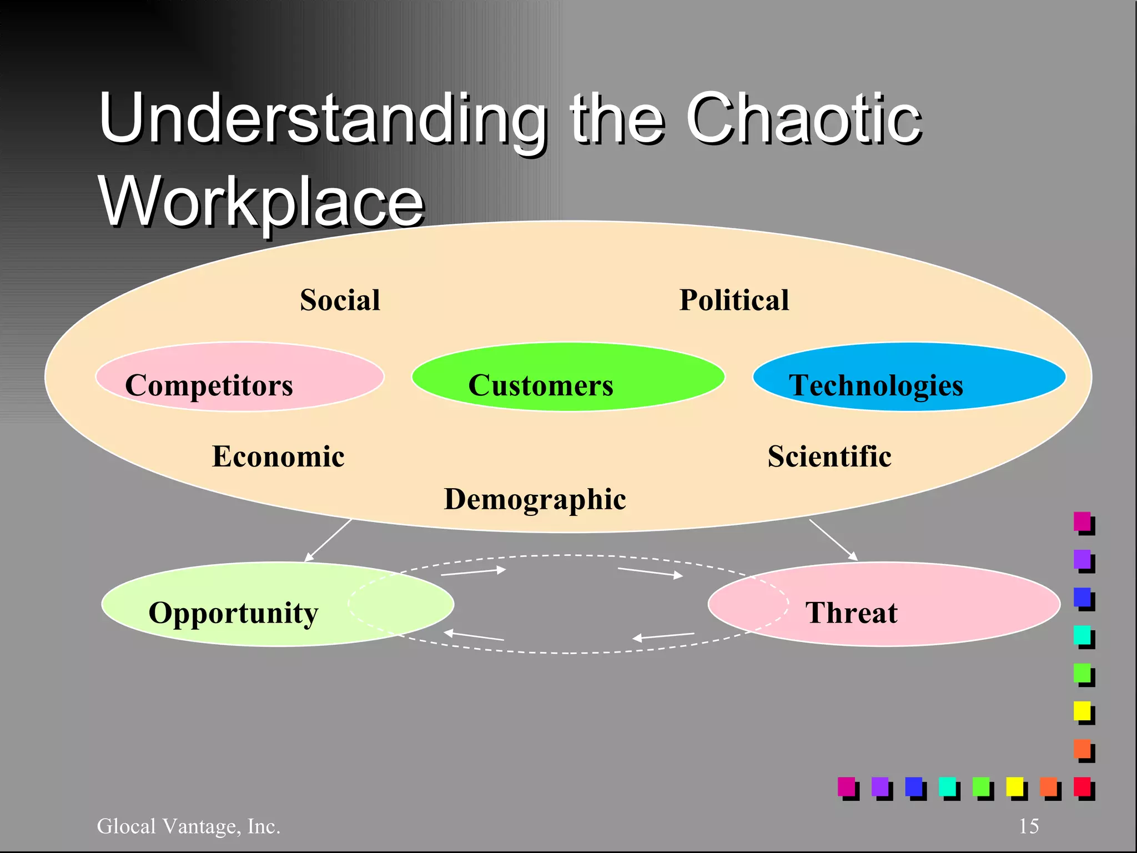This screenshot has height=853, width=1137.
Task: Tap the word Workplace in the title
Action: pos(261,201)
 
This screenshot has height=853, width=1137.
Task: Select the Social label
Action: pos(340,300)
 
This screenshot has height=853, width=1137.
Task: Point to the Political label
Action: pos(734,300)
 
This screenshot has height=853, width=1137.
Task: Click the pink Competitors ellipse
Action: pos(240,377)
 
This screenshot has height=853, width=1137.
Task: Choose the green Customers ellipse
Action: pos(567,377)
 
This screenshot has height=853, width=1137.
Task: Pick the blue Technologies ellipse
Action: pos(909,377)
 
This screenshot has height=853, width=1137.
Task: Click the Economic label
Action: pos(278,456)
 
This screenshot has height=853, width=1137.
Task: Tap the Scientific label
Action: pos(829,456)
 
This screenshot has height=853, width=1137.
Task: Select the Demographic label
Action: pos(535,499)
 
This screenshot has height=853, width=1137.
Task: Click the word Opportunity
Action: pos(233,613)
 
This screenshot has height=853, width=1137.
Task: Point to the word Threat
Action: pos(851,613)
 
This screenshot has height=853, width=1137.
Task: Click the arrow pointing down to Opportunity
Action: pos(328,540)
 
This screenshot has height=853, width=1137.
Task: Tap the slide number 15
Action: pos(1028,826)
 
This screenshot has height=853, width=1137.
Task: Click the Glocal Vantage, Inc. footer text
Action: pos(188,826)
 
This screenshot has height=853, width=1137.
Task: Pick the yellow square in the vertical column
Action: pos(1082,711)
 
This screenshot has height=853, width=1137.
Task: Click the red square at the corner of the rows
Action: pos(1082,786)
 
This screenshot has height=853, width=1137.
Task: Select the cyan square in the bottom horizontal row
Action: pos(947,786)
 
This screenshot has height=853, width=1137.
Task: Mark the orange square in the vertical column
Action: pos(1082,749)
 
